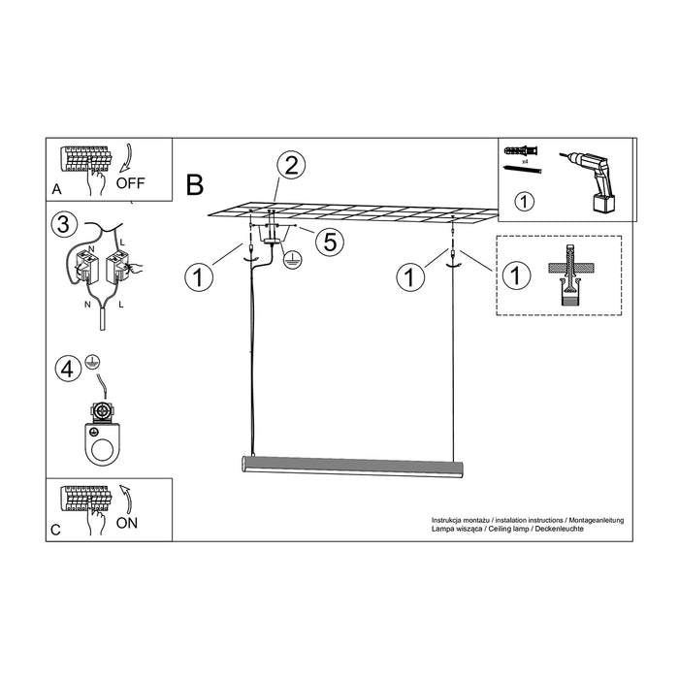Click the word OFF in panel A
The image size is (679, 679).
coord(131,182)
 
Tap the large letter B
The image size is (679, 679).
coord(195,181)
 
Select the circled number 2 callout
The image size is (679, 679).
coord(289,164)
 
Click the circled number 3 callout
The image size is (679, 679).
coord(63,226)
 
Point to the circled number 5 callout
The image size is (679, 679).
coord(330,242)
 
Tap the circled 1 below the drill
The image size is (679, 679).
coord(523,203)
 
